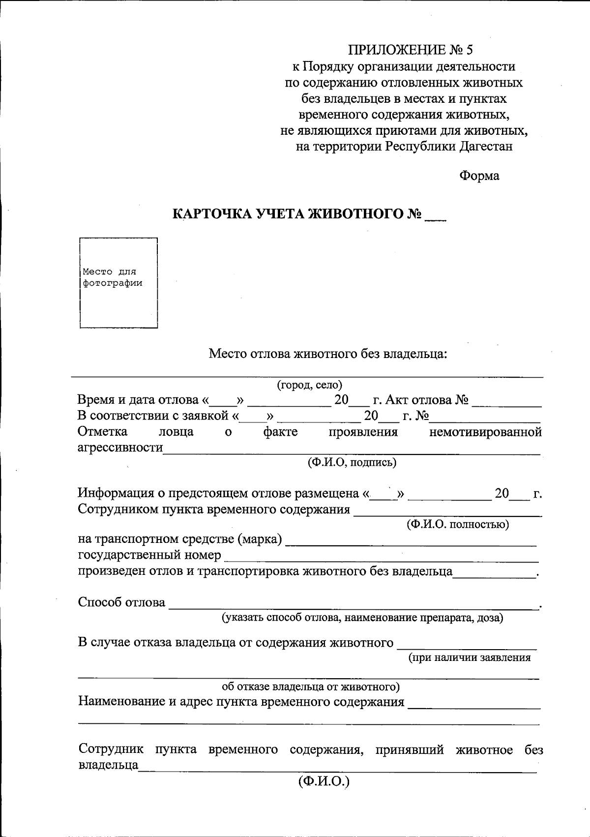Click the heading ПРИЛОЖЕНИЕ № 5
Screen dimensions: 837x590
410,50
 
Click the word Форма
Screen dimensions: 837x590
479,176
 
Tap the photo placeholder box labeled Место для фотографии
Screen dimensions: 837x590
118,282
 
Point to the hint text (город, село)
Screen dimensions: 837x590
309,385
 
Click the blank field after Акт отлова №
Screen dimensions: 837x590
506,401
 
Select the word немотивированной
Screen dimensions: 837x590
485,432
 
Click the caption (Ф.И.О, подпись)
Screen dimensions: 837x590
352,462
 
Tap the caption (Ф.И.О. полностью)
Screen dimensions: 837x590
457,524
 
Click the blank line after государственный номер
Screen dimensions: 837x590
381,557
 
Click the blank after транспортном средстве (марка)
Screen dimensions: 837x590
411,541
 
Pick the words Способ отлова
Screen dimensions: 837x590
121,602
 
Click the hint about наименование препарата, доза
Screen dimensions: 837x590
362,618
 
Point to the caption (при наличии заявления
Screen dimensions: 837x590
470,658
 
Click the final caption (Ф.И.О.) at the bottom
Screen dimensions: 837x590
323,781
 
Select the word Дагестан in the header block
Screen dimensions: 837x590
486,146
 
